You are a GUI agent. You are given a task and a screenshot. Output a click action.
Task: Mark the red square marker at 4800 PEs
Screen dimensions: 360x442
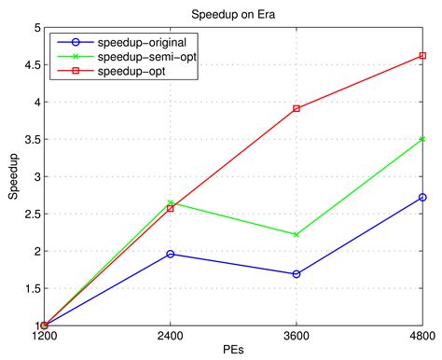click(422, 56)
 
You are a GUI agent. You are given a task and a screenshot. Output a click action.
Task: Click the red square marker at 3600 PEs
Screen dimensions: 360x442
click(297, 108)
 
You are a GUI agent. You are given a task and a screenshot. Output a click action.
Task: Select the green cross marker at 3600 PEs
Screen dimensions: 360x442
click(297, 234)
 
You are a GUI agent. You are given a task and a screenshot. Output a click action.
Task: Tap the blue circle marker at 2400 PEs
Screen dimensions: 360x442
click(170, 254)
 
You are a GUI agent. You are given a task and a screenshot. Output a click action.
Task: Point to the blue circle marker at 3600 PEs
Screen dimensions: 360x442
click(297, 274)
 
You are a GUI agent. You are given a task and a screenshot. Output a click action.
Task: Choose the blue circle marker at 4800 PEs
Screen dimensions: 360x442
click(422, 197)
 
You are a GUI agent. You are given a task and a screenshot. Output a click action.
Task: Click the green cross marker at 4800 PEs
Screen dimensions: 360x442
click(422, 139)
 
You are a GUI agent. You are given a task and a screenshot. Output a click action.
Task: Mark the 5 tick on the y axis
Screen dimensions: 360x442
click(35, 28)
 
